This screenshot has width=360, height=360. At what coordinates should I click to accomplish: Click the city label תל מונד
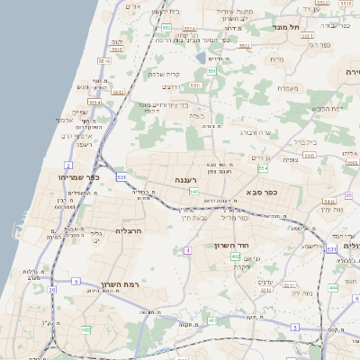tap(286, 27)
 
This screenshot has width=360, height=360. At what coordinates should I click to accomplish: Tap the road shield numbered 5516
tap(104, 60)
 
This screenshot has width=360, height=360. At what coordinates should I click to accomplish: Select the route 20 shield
tap(52, 290)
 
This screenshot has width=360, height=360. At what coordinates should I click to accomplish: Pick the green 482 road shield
tap(86, 328)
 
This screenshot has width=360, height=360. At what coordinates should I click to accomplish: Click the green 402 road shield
tap(235, 256)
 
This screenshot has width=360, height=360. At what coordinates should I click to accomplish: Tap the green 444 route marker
tap(333, 287)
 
